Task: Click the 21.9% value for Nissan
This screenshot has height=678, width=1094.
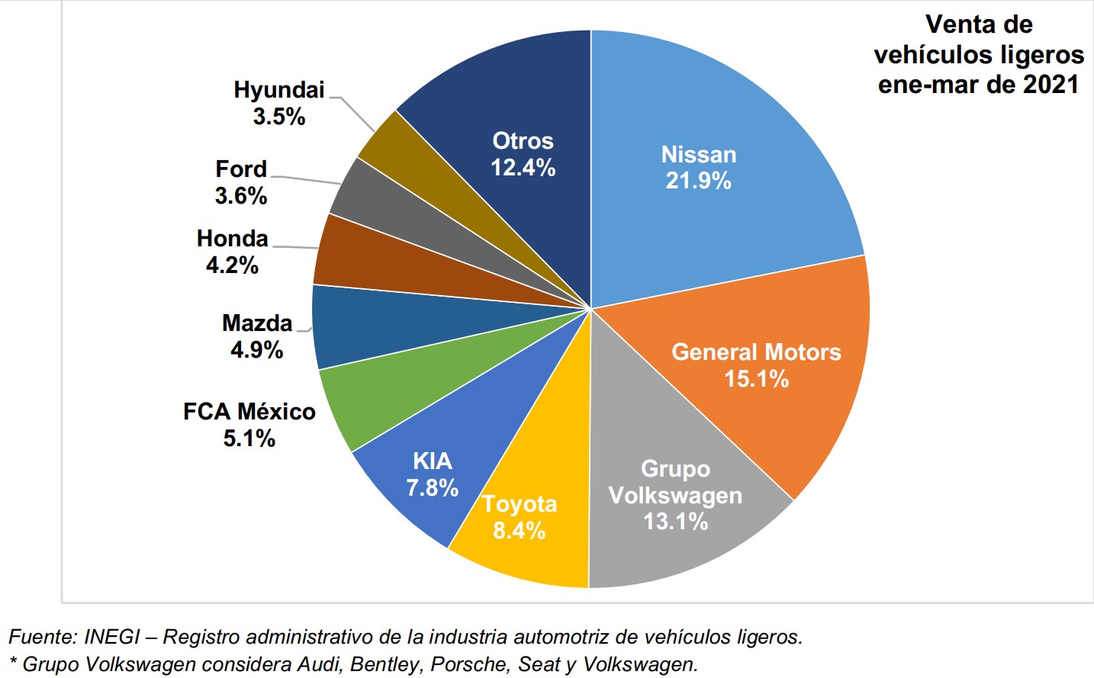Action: click(x=698, y=181)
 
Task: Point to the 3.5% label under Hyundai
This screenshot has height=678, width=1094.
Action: click(x=279, y=117)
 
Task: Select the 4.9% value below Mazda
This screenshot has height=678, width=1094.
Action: click(x=257, y=350)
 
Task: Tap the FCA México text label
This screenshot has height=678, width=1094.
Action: click(x=249, y=412)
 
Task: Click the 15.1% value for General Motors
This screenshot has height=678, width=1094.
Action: click(x=756, y=379)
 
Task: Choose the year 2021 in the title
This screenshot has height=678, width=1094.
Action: click(x=1051, y=84)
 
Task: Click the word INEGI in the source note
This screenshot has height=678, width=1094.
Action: click(x=112, y=637)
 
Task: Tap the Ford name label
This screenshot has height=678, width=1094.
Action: click(x=241, y=169)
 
